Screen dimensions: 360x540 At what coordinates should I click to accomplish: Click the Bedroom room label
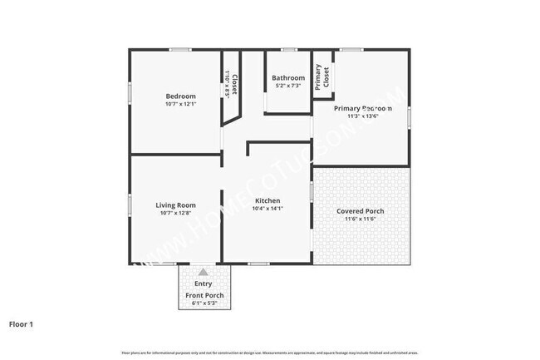[x=180, y=96]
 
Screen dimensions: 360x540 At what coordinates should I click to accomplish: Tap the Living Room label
[x=175, y=205]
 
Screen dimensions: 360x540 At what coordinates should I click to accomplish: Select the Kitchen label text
[x=268, y=200]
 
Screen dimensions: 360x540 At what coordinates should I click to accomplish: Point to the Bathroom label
[x=288, y=78]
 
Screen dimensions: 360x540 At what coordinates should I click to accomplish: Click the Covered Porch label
[x=360, y=211]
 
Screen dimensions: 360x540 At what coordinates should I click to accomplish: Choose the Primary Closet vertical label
[x=321, y=76]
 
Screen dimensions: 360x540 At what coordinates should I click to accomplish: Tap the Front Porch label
[x=204, y=296]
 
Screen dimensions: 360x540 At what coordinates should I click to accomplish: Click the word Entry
[x=204, y=284]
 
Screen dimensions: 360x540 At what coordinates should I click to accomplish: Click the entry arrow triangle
[x=204, y=272]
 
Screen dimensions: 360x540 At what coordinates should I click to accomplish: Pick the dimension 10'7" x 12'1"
[x=180, y=104]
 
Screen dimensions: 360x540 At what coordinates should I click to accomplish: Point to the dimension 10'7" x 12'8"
[x=175, y=214]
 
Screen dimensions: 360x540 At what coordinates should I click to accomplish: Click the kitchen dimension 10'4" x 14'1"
[x=268, y=209]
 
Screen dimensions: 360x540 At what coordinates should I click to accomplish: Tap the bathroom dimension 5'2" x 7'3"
[x=288, y=86]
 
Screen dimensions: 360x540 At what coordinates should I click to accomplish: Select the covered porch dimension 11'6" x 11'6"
[x=360, y=219]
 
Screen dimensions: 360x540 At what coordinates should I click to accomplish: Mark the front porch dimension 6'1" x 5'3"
[x=204, y=303]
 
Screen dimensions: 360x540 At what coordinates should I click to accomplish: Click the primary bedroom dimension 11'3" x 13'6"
[x=363, y=116]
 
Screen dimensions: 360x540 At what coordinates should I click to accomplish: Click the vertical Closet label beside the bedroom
[x=235, y=84]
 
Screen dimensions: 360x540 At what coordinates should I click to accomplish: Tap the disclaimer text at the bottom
[x=270, y=353]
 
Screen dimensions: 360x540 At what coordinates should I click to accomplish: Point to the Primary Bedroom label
[x=363, y=108]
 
